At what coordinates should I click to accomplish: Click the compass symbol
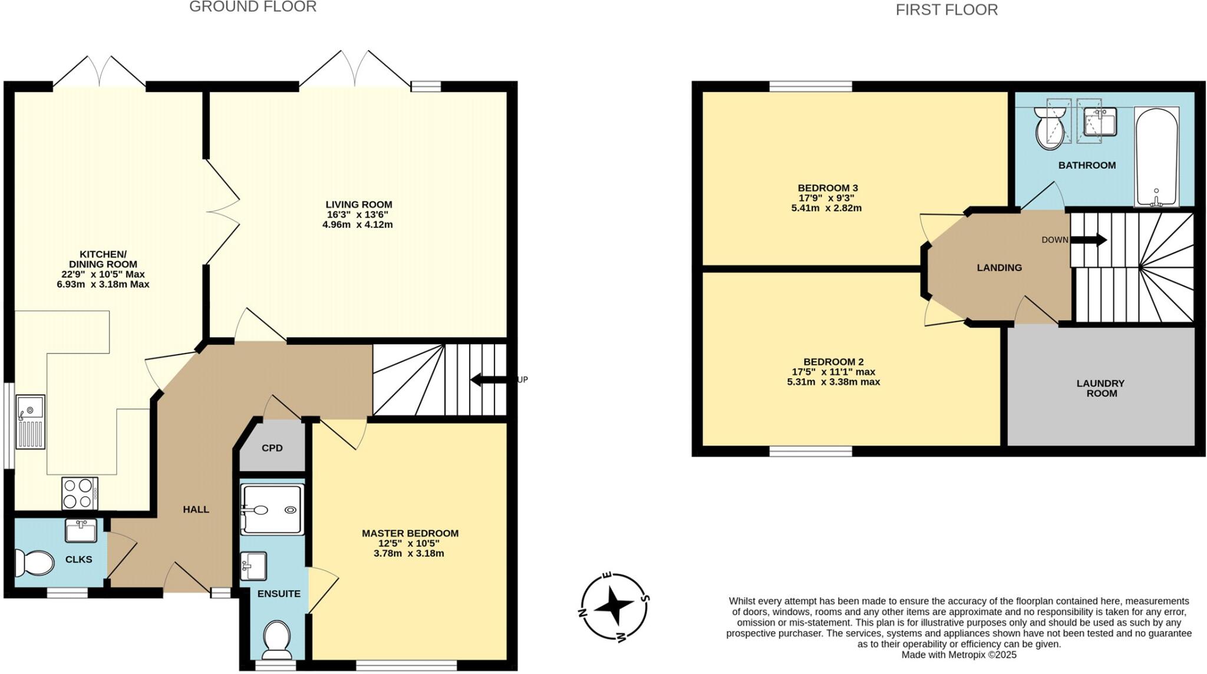pos(614,606)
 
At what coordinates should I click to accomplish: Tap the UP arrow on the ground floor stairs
pos(489,379)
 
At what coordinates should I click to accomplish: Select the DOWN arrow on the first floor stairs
pos(1088,240)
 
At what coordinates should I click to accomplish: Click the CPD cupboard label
pos(272,448)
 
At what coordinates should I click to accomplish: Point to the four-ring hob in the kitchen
pos(80,493)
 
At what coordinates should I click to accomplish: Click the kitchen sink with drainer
pos(31,422)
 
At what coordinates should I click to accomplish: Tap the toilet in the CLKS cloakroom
pos(34,563)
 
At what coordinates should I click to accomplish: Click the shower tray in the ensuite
pos(272,510)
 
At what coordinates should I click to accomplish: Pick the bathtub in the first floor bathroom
pos(1156,157)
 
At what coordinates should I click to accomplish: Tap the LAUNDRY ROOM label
pos(1100,388)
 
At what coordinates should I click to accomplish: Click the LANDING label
pos(999,267)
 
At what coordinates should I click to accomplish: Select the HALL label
pos(196,510)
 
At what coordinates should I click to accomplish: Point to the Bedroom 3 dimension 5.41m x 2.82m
pos(826,208)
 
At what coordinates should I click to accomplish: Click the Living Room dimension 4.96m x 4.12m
pos(357,224)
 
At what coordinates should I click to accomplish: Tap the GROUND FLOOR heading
pos(253,7)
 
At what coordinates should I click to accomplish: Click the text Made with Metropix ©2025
pos(959,655)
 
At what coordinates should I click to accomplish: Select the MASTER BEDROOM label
pos(410,533)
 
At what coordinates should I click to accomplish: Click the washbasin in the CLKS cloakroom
pos(81,530)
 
